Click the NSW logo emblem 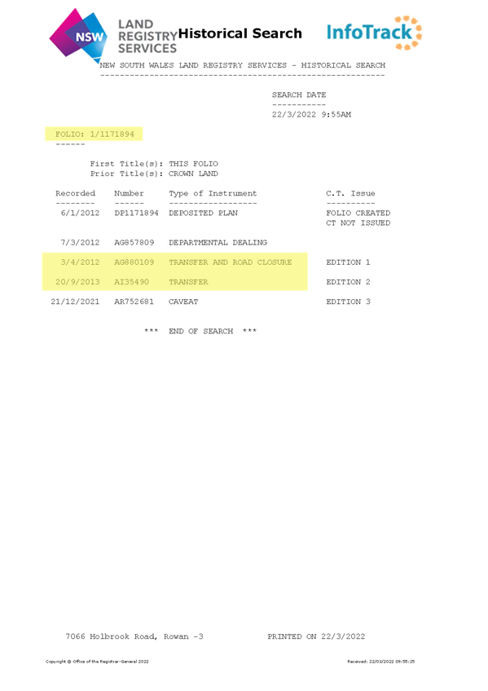[78, 35]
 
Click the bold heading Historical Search [240, 33]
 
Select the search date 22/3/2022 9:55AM [311, 115]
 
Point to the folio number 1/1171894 [112, 134]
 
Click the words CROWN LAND [193, 174]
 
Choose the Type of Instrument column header [213, 193]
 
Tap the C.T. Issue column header [350, 193]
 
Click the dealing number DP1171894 [136, 213]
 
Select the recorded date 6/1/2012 [80, 213]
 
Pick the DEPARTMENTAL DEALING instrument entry [218, 242]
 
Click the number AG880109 [134, 262]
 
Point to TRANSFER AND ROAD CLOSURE [231, 262]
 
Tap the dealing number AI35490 [132, 282]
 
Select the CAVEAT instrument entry [183, 301]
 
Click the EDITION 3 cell [349, 301]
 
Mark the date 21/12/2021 [75, 301]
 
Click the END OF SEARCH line [200, 331]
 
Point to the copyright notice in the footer [97, 662]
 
